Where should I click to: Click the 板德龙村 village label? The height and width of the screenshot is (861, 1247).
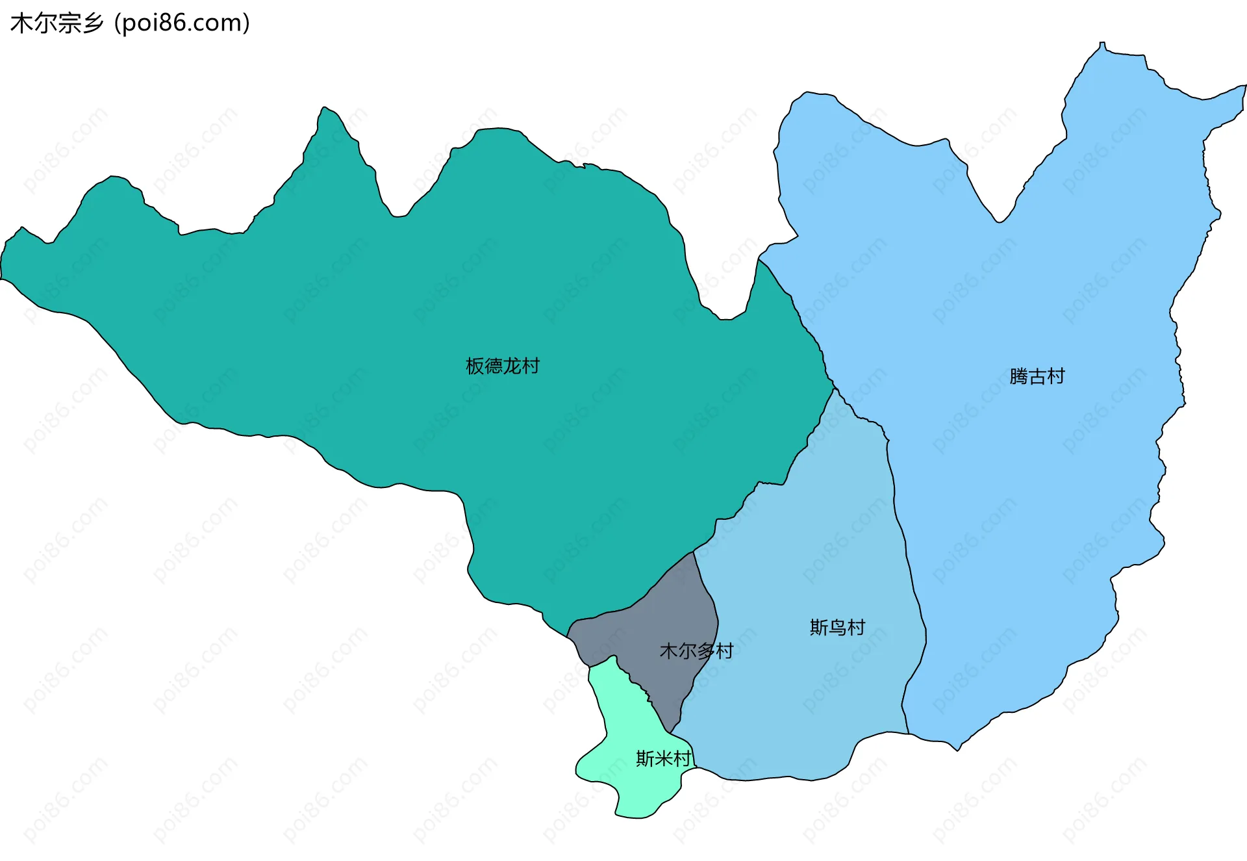coord(502,366)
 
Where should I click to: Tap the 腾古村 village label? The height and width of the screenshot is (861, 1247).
coord(1037,377)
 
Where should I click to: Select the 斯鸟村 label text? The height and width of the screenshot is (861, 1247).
coord(837,628)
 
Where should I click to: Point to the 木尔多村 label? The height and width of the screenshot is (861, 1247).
coord(696,651)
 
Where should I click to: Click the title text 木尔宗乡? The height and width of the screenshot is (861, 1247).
coord(57,23)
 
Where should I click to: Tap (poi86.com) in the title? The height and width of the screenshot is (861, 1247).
coord(182,23)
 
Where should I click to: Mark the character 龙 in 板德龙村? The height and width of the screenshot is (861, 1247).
coord(512,366)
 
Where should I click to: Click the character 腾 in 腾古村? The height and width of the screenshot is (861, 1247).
coord(1018,377)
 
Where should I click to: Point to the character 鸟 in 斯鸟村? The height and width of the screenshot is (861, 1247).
coord(837,628)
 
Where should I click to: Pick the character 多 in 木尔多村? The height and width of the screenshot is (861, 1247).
coord(706,651)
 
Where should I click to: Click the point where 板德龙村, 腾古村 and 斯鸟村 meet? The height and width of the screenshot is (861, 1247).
coord(834,389)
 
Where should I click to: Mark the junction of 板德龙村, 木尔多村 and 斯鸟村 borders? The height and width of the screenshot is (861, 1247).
coord(694,552)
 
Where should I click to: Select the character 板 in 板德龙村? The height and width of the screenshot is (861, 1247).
coord(475,366)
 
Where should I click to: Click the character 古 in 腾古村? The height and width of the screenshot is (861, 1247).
coord(1037,377)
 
